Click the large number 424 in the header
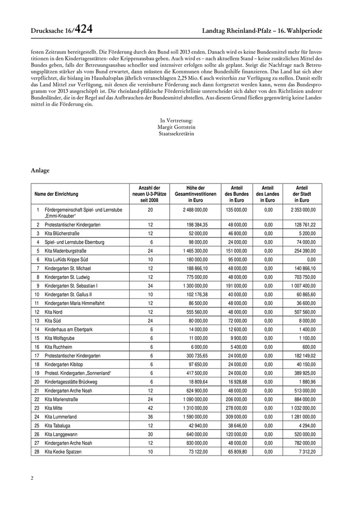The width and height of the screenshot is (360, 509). (84, 30)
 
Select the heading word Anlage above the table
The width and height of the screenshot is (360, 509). (40, 170)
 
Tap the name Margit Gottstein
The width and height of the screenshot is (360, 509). (177, 127)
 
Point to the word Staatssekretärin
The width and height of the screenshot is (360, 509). (177, 134)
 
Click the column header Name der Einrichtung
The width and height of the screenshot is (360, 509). (57, 194)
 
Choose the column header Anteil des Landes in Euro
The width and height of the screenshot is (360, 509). (268, 194)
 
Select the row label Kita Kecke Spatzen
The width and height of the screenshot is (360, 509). (63, 451)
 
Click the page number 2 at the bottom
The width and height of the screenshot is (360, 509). (32, 479)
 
